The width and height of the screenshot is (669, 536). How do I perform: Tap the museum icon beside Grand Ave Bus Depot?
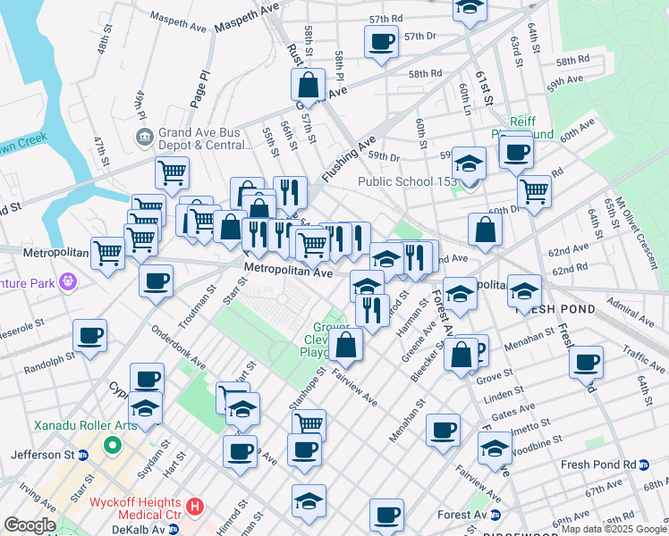pyautogui.click(x=143, y=138)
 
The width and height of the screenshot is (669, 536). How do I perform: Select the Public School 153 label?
pyautogui.click(x=407, y=182)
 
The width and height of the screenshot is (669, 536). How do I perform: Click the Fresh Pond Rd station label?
pyautogui.click(x=597, y=465)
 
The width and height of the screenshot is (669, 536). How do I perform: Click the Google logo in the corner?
pyautogui.click(x=29, y=525)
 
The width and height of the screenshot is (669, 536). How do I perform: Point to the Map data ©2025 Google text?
pyautogui.click(x=614, y=530)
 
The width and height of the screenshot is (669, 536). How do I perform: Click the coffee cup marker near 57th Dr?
pyautogui.click(x=381, y=41)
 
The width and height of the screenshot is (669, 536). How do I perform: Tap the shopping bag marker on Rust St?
pyautogui.click(x=308, y=85)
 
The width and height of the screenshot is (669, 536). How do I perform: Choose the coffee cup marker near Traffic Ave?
pyautogui.click(x=587, y=362)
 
